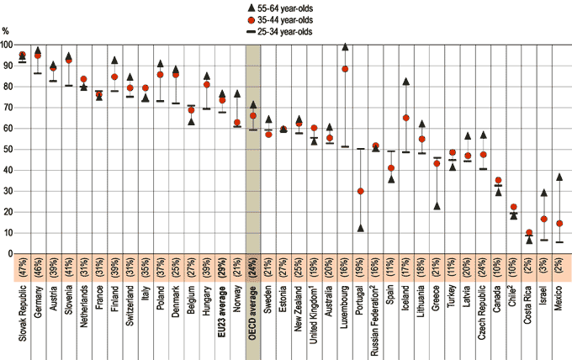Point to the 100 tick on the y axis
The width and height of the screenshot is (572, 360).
(7, 45)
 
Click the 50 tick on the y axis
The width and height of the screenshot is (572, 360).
(7, 150)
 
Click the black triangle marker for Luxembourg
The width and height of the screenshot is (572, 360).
(345, 47)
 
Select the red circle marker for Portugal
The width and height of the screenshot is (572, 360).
(361, 191)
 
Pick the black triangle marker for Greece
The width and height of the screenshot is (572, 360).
(437, 205)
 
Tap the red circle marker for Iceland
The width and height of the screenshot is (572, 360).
(406, 118)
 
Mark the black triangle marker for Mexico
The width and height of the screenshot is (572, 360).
(559, 177)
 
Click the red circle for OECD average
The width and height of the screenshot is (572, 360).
(253, 115)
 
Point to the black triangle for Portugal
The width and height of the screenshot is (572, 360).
(361, 228)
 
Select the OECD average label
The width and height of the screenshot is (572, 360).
(253, 312)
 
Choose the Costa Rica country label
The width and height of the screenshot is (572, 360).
(529, 306)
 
